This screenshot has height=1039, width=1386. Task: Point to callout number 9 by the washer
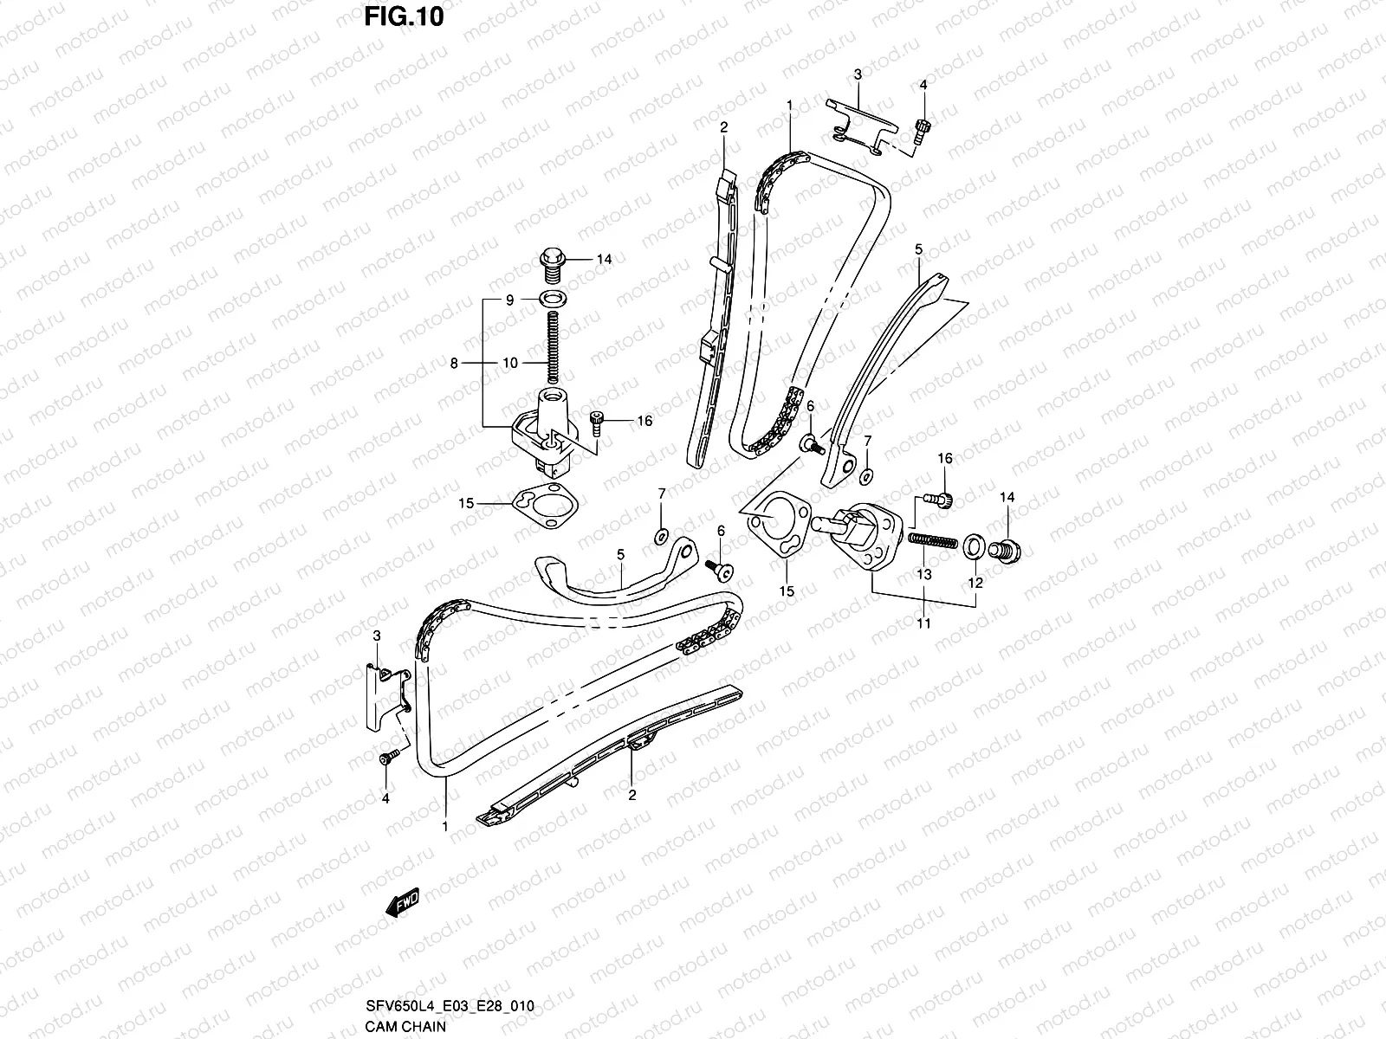[x=510, y=300]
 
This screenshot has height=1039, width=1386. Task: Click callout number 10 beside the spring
[x=509, y=363]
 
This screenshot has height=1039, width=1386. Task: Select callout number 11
[x=923, y=623]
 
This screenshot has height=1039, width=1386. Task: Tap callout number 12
[x=975, y=583]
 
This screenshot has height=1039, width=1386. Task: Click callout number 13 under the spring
[x=923, y=573]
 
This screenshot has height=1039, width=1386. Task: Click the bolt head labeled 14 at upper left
[x=551, y=259]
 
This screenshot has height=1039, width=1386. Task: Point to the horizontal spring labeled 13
[x=932, y=540]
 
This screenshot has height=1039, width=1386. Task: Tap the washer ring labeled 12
[x=973, y=545]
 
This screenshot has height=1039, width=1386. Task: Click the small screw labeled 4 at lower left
[x=386, y=758]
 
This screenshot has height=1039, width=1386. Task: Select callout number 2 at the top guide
[x=723, y=126]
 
